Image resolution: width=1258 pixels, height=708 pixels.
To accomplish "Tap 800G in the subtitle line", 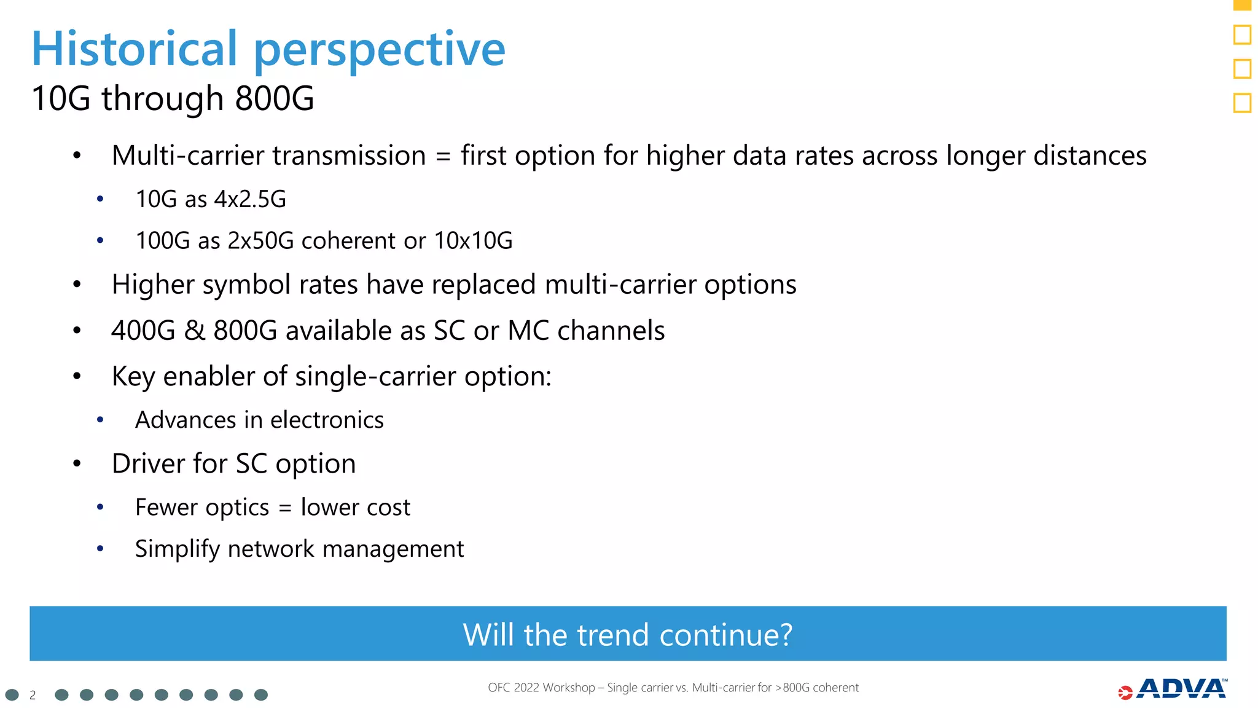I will click(x=274, y=98).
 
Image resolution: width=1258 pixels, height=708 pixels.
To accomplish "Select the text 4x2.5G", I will click(x=250, y=199).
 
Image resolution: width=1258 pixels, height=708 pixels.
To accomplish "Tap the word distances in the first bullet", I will click(x=1090, y=155).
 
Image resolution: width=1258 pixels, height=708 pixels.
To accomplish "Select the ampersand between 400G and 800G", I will click(x=194, y=331).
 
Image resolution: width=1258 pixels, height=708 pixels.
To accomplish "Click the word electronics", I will click(x=327, y=420).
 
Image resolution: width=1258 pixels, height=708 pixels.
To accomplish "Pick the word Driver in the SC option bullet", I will click(x=147, y=464).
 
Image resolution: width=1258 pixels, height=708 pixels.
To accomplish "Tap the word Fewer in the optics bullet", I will click(x=166, y=508).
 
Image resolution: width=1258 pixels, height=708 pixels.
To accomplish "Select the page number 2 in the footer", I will click(x=33, y=695).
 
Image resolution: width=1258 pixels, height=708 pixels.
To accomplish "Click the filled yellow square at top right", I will click(x=1242, y=5).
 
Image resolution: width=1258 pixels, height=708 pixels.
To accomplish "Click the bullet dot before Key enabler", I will click(x=77, y=376).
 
